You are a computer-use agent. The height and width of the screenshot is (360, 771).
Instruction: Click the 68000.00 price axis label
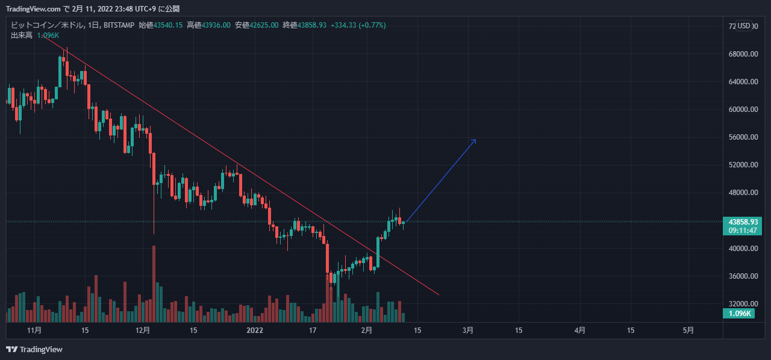pos(742,54)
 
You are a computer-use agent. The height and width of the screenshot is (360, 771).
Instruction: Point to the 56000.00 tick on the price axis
pos(742,137)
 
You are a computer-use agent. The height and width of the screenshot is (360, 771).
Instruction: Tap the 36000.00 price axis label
pos(742,276)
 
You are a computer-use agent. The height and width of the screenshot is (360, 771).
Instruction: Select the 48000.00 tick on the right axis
pos(742,193)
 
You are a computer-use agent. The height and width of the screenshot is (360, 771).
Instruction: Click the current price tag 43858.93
pos(742,222)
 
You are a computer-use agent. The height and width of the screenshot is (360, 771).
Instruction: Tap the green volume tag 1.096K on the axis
pos(739,314)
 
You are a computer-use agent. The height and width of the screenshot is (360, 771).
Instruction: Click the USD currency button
pos(744,26)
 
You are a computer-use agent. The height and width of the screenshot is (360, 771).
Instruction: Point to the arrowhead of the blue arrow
pos(475,140)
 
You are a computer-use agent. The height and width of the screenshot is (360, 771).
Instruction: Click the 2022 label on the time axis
pos(255,331)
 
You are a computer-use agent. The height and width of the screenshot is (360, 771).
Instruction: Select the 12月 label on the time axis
pos(143,331)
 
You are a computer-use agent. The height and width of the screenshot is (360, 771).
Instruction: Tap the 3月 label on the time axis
pos(468,331)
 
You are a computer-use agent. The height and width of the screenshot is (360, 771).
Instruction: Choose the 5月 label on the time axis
pos(688,331)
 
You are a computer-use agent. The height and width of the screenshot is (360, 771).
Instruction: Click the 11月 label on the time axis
pos(34,331)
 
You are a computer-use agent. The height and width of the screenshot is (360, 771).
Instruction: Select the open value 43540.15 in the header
pos(168,25)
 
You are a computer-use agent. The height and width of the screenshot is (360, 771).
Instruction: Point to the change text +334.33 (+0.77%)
pos(358,25)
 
